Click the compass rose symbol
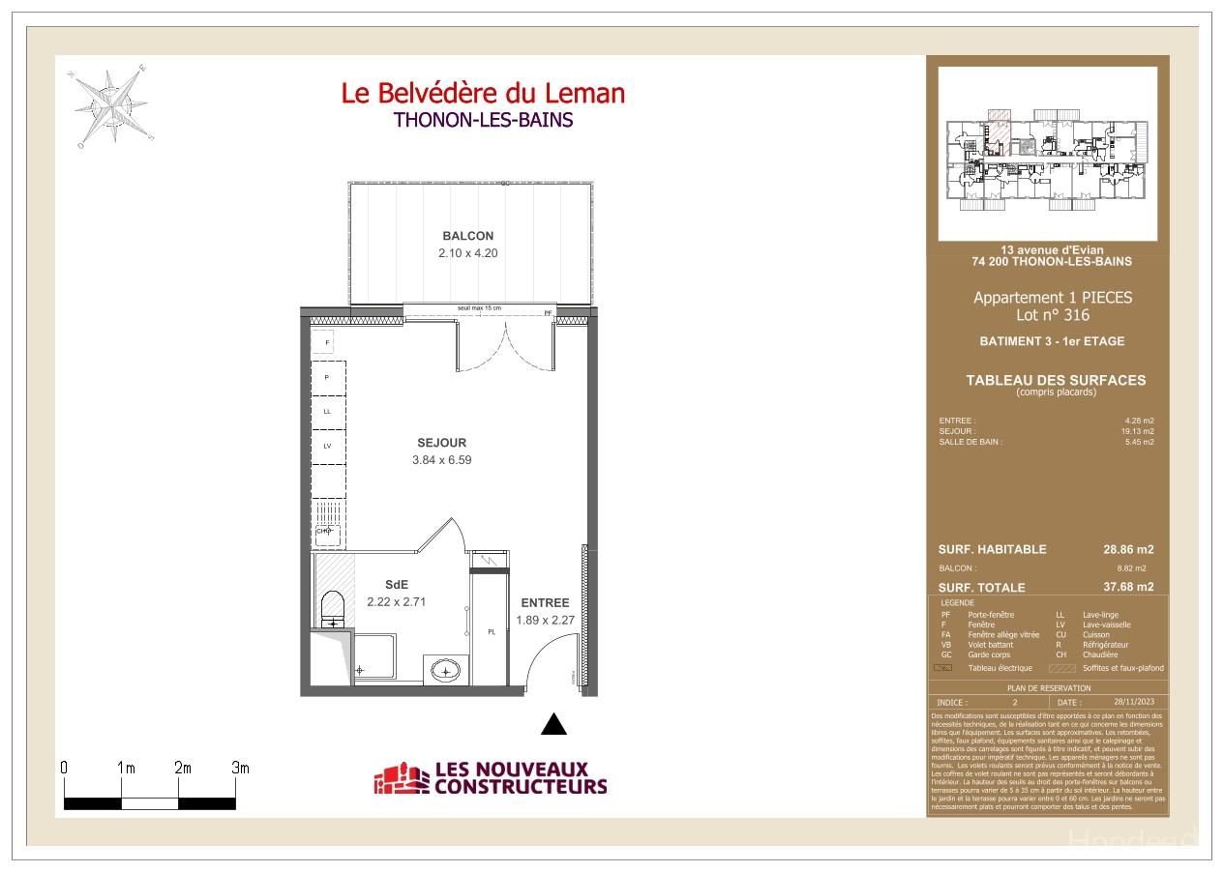[x=110, y=103]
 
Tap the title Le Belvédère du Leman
[x=483, y=93]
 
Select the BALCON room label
[x=467, y=236]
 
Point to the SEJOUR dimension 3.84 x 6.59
[x=441, y=460]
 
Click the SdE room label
[x=396, y=584]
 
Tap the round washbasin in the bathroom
[x=447, y=669]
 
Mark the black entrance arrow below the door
[x=552, y=723]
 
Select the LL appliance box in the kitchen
[x=327, y=411]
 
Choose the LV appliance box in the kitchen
[x=327, y=446]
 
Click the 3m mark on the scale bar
[x=240, y=769]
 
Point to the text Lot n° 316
[x=1052, y=315]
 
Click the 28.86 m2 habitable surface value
[x=1128, y=549]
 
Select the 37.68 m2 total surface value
[x=1128, y=587]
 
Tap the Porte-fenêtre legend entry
[x=988, y=615]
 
